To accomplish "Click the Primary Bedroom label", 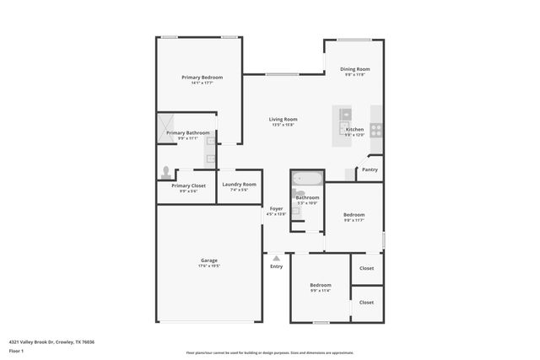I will point(202,78).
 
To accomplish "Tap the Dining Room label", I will point(355,69).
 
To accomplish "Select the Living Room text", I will point(283,119).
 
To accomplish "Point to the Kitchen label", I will point(354,129).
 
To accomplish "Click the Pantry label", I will point(370,169).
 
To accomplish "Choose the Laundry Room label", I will point(239,185).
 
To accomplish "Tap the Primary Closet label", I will point(188,185).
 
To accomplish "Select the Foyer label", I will point(276,208).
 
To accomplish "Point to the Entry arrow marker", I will point(276,258).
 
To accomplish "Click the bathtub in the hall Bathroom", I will point(305,179).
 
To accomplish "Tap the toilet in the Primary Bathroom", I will point(166,172).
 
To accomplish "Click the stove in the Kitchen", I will point(375,130).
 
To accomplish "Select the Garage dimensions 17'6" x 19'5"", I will point(209,266).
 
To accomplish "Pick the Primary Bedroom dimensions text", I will point(202,83).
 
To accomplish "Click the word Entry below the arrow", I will point(276,267).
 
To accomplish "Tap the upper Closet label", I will point(366,268).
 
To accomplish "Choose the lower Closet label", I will point(366,302).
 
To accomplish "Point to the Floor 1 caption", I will point(16,351).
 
